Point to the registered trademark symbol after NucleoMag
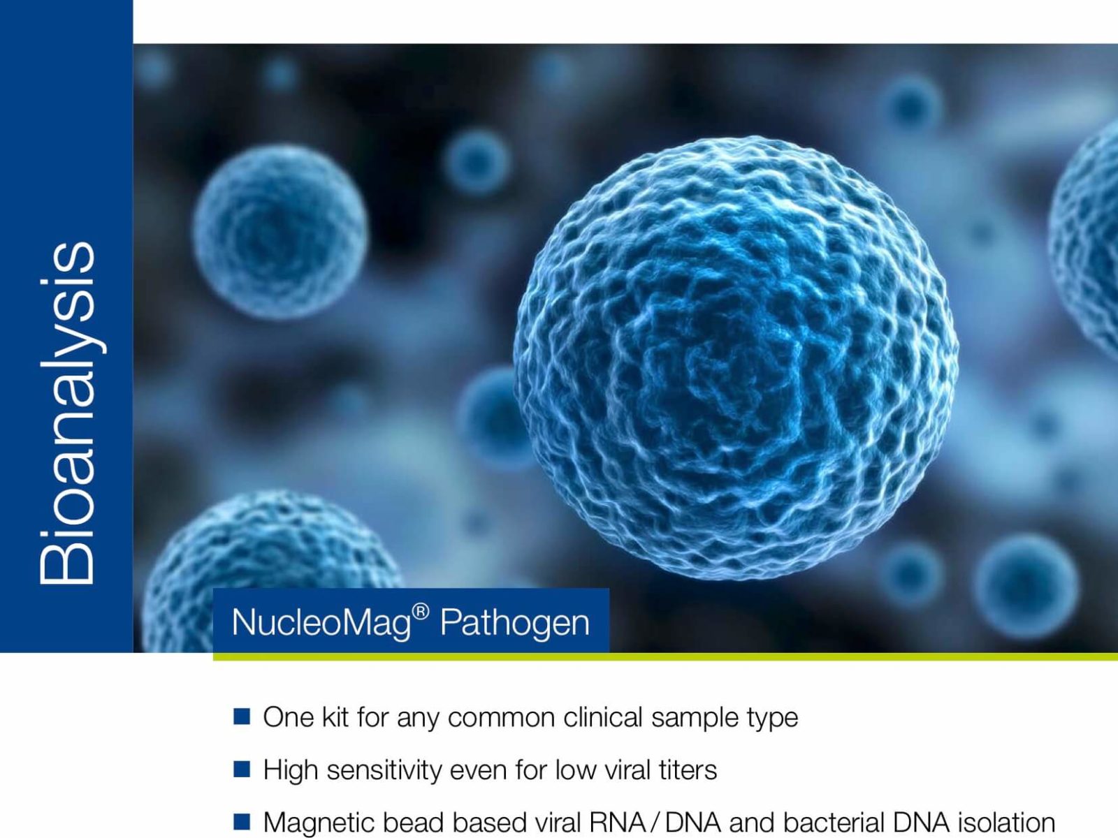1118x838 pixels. tap(421, 612)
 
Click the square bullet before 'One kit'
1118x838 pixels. tap(242, 716)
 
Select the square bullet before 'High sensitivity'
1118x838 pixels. tap(242, 770)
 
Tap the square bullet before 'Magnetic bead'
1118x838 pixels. tap(242, 822)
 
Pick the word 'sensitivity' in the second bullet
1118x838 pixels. tap(384, 770)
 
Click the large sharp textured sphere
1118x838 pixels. tap(736, 359)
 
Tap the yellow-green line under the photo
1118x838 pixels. tap(665, 657)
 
